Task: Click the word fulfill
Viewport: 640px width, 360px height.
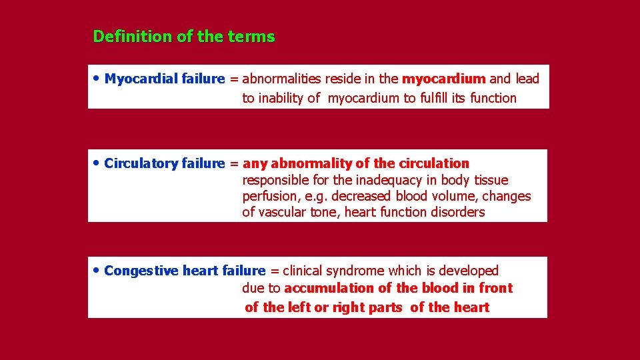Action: [x=433, y=99]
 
